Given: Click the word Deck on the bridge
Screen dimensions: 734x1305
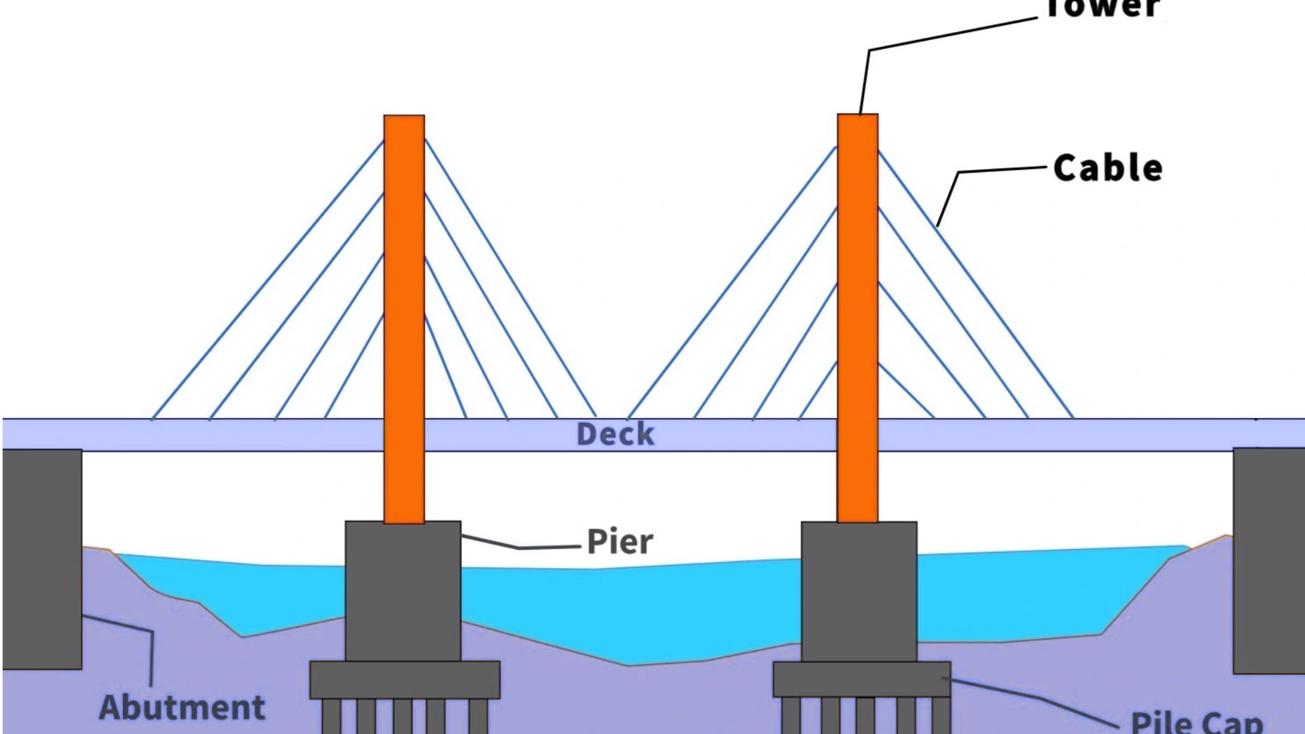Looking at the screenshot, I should coord(615,434).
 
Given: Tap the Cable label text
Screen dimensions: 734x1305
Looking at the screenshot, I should coord(1107,168).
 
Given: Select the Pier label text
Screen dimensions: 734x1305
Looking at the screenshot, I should coord(619,542).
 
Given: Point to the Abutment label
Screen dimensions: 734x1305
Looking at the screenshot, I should coord(182,707).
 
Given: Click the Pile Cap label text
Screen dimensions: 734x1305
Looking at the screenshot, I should coord(1196,722).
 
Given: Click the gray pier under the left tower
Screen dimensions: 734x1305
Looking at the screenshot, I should coord(403,591).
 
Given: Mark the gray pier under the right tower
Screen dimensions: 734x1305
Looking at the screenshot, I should coord(859,591).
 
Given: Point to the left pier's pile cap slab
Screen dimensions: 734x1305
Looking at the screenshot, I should coord(405,680).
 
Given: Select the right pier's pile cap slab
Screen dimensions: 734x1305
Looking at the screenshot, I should coord(862,679).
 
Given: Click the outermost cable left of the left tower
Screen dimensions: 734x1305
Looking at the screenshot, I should coord(268,279).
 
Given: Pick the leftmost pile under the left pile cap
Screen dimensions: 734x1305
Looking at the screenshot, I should coord(332,717).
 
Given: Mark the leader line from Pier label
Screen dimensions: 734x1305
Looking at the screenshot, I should coord(523,547).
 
